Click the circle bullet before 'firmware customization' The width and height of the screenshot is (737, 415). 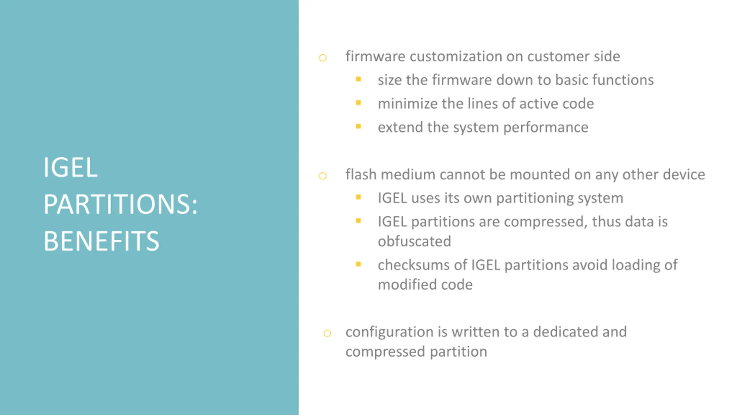[322, 58]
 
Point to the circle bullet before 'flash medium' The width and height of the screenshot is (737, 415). [322, 176]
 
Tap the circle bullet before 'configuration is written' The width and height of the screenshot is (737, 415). [327, 333]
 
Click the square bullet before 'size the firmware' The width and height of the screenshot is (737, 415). [358, 79]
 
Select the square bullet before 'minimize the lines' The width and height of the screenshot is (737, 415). [358, 102]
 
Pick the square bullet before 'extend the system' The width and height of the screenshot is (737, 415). [358, 126]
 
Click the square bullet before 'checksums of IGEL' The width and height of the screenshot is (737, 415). [358, 264]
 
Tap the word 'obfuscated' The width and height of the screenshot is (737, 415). [414, 241]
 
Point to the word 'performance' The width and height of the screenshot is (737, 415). [546, 127]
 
